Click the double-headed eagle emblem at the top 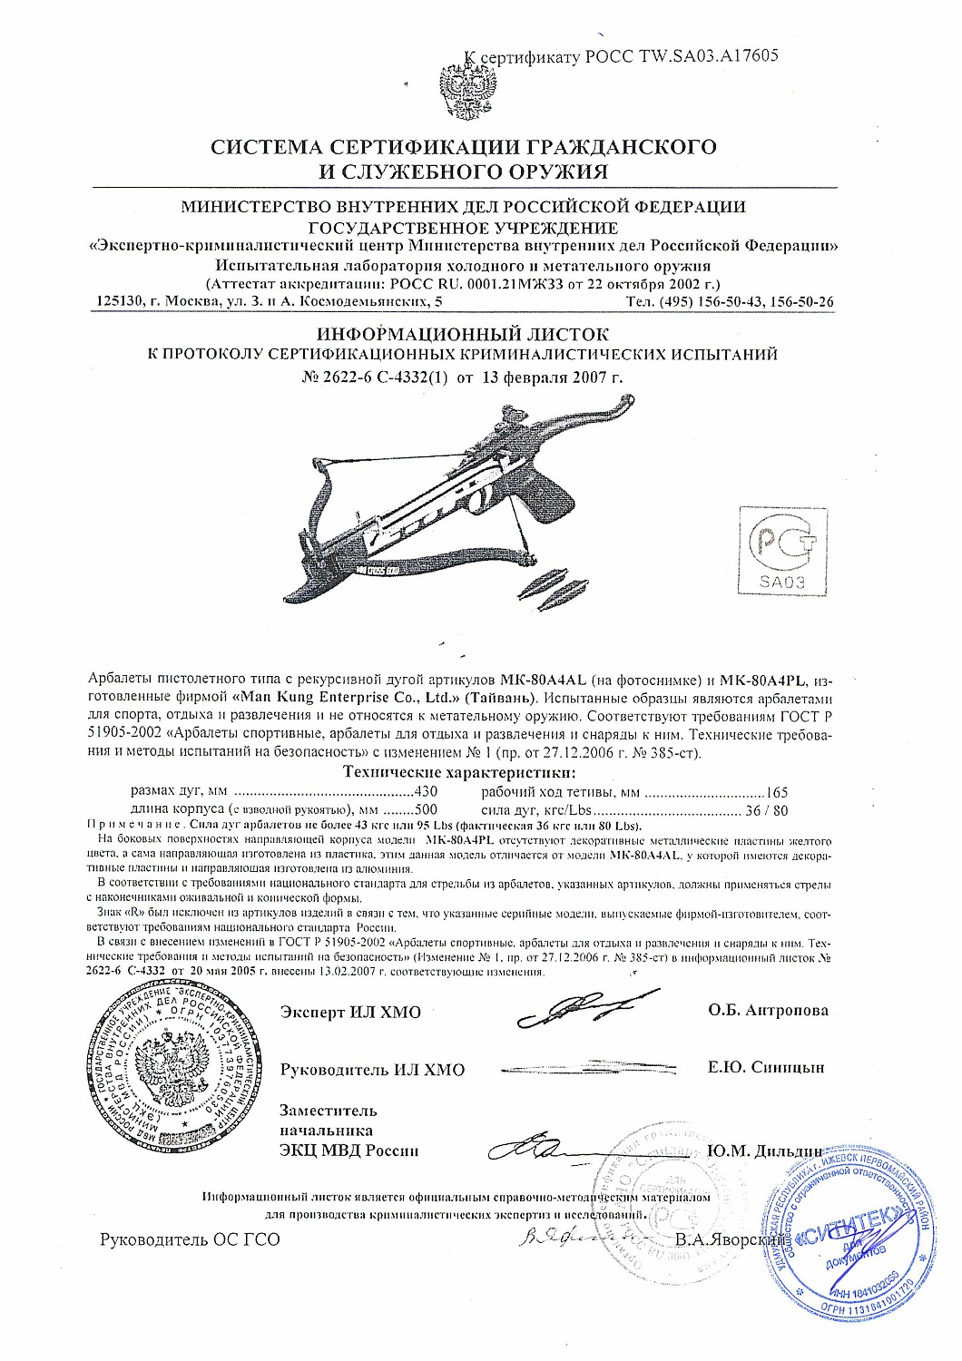[467, 89]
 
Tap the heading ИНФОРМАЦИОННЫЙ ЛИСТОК [463, 335]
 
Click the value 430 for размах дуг [426, 791]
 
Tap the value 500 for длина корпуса [426, 809]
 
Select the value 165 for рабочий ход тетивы [777, 791]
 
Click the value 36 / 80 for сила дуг [767, 809]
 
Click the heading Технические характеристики [459, 772]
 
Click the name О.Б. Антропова [768, 1010]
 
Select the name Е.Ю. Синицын [766, 1067]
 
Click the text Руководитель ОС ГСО [190, 1239]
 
